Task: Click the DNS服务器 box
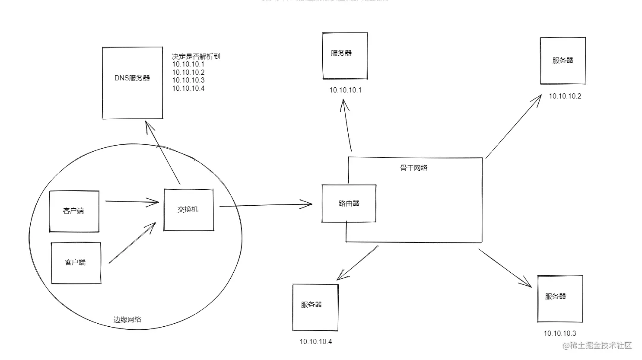click(132, 83)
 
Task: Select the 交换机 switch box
click(188, 210)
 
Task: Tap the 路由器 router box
click(349, 204)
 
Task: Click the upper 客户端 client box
click(74, 211)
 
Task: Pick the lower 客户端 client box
click(76, 263)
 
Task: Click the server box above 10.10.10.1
click(345, 55)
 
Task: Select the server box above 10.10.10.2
click(563, 61)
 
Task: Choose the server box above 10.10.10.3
click(560, 299)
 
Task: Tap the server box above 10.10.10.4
click(315, 307)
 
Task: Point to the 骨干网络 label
click(414, 168)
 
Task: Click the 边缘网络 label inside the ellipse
click(127, 320)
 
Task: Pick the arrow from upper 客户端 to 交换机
click(132, 201)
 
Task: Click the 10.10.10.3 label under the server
click(559, 333)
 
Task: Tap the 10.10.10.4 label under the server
click(316, 342)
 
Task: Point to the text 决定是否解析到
click(196, 57)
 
